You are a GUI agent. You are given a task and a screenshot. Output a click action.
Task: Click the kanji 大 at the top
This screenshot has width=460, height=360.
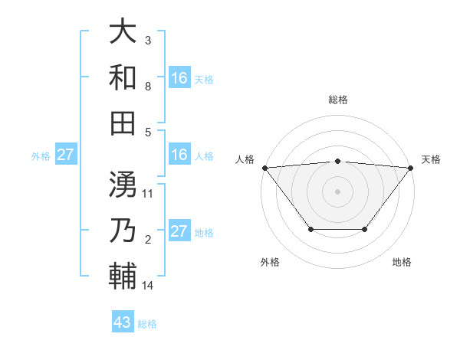point(122,32)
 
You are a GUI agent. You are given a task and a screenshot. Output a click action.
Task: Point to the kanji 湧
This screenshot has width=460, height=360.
point(122,184)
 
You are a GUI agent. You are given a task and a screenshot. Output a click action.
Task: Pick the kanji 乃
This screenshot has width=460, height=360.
point(122,229)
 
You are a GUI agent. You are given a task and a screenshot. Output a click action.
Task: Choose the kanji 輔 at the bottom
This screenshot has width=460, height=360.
point(122,275)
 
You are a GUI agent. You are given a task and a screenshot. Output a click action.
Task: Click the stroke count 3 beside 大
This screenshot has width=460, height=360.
point(147,40)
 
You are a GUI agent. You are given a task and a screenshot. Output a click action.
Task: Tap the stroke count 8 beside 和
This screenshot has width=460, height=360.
point(147,87)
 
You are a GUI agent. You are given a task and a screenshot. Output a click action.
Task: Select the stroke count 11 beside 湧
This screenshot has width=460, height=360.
point(148,193)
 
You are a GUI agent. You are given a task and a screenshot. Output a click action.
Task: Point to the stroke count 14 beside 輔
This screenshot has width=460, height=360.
point(148,286)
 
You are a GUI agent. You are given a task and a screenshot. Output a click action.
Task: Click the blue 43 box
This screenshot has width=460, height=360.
point(123,322)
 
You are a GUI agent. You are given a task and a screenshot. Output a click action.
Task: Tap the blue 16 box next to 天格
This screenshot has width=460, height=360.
point(179,77)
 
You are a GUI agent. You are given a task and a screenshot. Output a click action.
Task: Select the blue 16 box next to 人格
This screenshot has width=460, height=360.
point(179,155)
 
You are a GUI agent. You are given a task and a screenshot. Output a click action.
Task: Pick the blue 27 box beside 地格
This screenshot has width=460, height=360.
point(179,231)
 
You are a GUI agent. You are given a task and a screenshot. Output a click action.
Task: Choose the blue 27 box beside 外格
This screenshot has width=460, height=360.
point(65,155)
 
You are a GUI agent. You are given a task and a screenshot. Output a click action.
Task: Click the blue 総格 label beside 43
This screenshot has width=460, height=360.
point(147,324)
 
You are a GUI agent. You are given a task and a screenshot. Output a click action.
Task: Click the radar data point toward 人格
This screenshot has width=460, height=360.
point(264,167)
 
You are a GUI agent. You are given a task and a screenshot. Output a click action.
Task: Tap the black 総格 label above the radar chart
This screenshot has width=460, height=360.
point(337,100)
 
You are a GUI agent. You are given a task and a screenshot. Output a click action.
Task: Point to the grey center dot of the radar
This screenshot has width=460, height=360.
point(337,191)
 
